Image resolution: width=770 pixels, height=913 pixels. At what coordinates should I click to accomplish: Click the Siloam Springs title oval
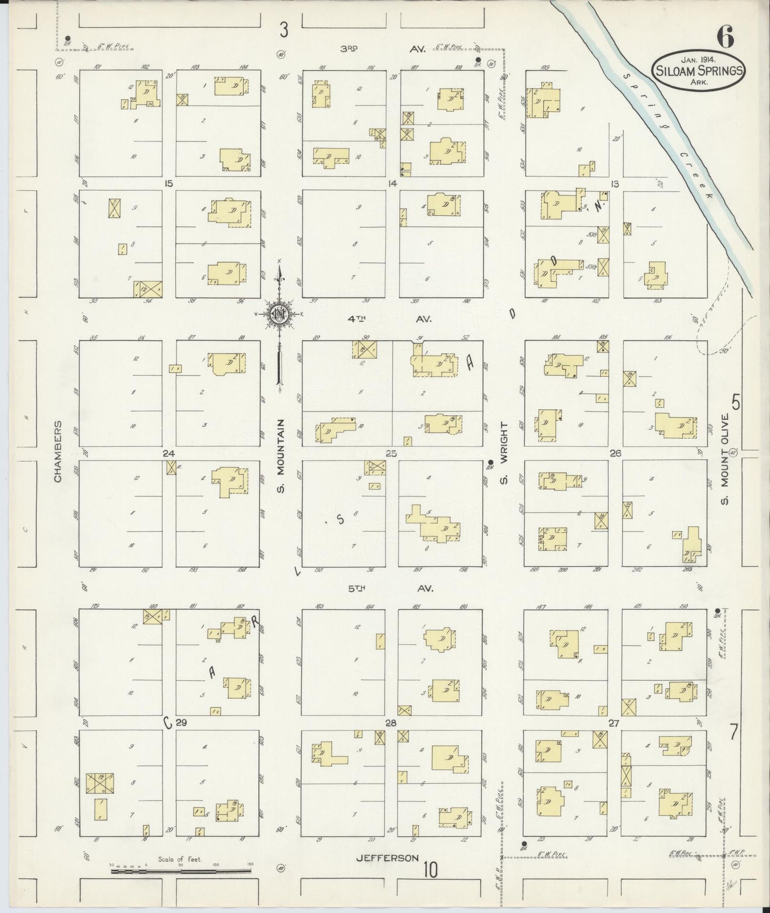[698, 70]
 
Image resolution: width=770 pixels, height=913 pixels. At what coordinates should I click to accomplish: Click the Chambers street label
[58, 451]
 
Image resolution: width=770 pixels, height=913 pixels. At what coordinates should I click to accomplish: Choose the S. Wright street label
[504, 454]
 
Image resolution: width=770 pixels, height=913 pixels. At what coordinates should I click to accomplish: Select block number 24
[169, 454]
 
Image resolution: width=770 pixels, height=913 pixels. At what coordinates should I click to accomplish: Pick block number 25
[392, 454]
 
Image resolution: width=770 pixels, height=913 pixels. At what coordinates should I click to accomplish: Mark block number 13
[615, 184]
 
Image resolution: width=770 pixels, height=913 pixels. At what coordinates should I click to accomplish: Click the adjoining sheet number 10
[431, 870]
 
